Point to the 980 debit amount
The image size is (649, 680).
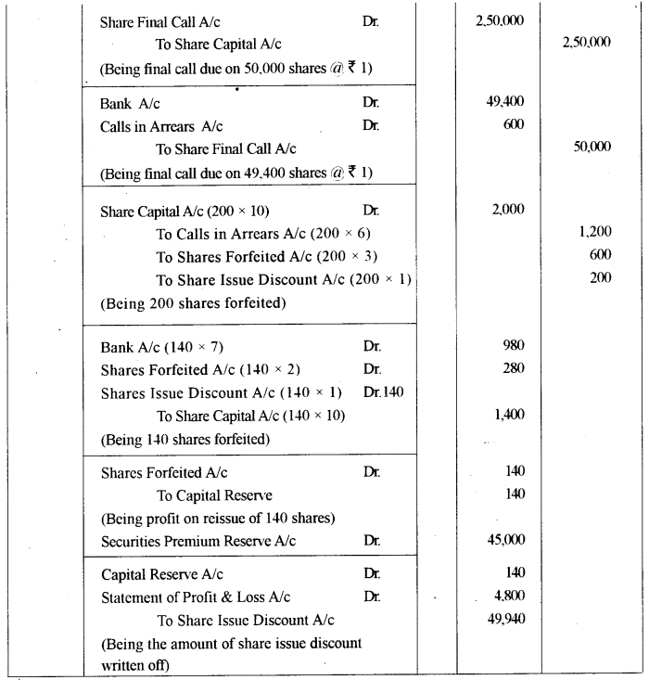tap(511, 346)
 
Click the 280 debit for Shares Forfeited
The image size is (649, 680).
tap(511, 368)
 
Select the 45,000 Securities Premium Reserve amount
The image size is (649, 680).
tap(504, 539)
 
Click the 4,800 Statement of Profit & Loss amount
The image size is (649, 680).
tap(507, 597)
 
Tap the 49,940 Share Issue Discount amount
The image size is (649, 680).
tap(504, 619)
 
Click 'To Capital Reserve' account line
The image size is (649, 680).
tap(213, 495)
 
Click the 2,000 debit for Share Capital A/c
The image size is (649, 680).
tap(508, 210)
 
